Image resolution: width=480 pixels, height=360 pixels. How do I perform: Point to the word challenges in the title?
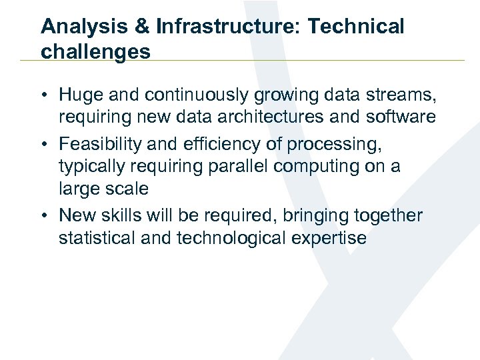point(95,51)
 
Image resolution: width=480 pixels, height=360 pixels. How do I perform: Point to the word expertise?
point(333,238)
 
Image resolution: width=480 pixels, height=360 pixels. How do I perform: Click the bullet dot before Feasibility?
point(46,145)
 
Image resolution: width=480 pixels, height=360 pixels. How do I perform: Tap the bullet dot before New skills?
point(46,216)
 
